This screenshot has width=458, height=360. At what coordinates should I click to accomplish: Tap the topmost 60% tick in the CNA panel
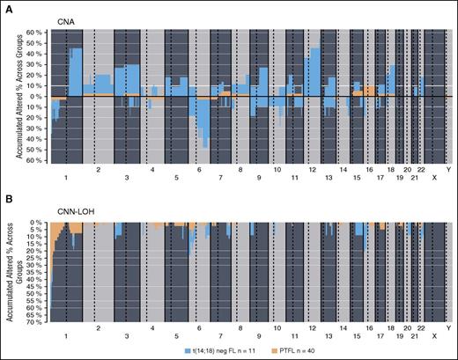(36, 33)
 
